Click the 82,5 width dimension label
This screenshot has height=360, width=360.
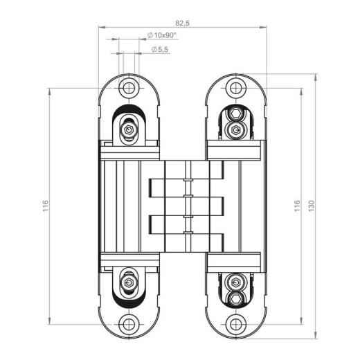[x=183, y=23]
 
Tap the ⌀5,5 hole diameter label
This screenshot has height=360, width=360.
[x=159, y=50]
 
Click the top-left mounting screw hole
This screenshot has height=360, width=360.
[x=127, y=88]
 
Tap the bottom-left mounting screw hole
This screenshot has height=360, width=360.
[x=127, y=324]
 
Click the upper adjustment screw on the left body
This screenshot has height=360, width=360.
[x=128, y=129]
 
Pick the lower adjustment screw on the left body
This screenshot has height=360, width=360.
[x=128, y=282]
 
